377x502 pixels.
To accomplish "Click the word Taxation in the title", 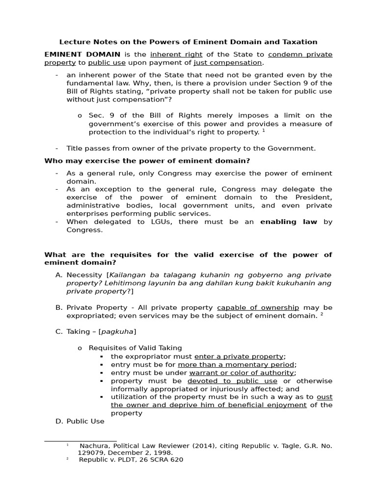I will [x=299, y=42].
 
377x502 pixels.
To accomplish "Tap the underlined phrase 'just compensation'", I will [x=228, y=63].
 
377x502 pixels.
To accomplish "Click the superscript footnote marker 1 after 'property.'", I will [x=264, y=130].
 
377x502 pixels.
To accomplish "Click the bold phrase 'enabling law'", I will [x=289, y=222].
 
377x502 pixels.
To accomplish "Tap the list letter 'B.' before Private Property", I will [x=59, y=307].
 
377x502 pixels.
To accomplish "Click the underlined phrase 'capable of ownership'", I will [x=258, y=307].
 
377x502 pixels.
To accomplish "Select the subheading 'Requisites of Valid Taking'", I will [x=135, y=348].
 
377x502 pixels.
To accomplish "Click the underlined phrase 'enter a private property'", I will [x=239, y=356].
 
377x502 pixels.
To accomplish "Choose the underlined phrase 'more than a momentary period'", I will [x=237, y=365].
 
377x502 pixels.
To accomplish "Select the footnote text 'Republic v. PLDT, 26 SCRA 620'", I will [x=131, y=459].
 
